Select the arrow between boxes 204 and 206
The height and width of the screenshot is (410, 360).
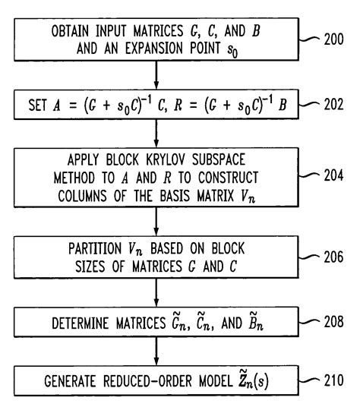[156, 225]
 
